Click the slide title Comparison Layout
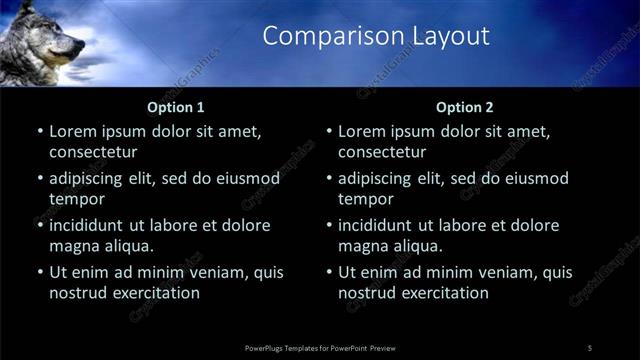coord(376,37)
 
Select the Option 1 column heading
coord(176,107)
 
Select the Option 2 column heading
coord(465,107)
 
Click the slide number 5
coord(590,347)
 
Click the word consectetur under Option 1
coord(92,152)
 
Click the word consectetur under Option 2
coord(382,152)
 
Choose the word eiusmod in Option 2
coord(533,178)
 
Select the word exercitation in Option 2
coord(445,293)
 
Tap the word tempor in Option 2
coord(364,199)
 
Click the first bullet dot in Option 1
coord(40,131)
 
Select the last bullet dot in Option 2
coord(330,272)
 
